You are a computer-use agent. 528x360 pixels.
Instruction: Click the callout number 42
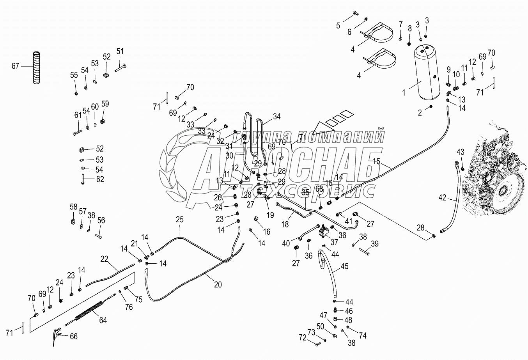[x=442, y=198]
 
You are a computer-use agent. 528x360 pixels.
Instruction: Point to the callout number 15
[x=376, y=161]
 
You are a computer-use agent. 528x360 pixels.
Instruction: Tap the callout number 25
[x=179, y=220]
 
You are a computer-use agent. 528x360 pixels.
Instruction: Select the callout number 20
[x=218, y=285]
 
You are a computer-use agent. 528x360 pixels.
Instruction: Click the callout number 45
[x=344, y=267]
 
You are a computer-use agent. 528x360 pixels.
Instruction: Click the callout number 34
[x=276, y=116]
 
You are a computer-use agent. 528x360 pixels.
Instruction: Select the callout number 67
[x=15, y=66]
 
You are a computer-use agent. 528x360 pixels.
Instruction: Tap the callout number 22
[x=104, y=259]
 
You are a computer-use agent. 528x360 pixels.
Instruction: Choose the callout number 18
[x=285, y=224]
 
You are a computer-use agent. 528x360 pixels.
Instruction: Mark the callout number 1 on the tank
[x=404, y=93]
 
